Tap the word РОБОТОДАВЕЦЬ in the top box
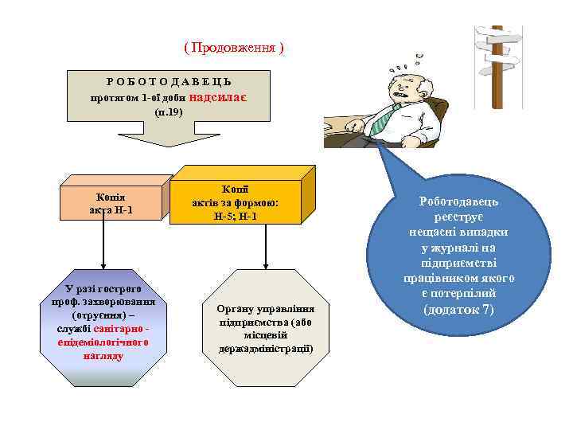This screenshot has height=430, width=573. coord(170,82)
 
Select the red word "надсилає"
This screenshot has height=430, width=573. coord(219,96)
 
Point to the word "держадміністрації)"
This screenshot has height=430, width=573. coord(266,349)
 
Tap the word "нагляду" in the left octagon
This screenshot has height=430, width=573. coord(103,355)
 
